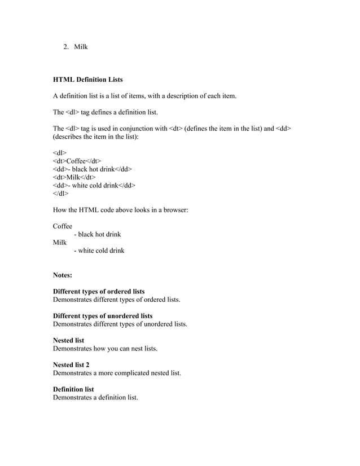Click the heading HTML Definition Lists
pos(87,80)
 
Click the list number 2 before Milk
pos(65,46)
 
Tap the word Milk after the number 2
pos(81,46)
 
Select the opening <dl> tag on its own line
pos(59,153)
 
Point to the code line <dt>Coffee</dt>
pos(77,161)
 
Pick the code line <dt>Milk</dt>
pos(73,177)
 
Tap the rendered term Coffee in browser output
pos(62,226)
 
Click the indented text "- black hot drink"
pos(97,234)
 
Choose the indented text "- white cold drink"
pos(99,250)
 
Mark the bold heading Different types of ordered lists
pos(99,292)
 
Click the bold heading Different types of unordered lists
pos(103,316)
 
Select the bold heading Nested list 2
pos(71,365)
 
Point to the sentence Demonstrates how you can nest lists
pos(105,349)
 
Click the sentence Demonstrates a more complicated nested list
pos(117,373)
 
